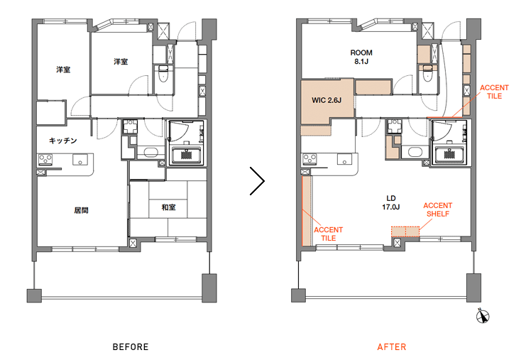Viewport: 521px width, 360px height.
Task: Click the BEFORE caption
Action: [x=131, y=347]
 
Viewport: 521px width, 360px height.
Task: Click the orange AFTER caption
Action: [x=391, y=347]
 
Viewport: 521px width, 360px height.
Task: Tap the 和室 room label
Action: [x=168, y=207]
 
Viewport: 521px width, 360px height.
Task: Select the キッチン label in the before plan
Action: [x=62, y=141]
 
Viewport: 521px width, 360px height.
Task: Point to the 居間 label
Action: [x=81, y=210]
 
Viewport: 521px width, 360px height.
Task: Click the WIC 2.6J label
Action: [x=327, y=100]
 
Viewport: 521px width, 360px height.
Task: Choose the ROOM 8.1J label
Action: [x=361, y=57]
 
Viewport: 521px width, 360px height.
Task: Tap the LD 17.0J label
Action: [x=390, y=202]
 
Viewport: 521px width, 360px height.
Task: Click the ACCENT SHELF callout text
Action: [x=438, y=209]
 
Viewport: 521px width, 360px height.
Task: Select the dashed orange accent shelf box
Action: [x=405, y=231]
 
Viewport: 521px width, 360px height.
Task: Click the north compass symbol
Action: [x=483, y=315]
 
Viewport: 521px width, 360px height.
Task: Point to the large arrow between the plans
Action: [x=257, y=181]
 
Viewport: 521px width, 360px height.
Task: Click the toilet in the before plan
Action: [x=163, y=74]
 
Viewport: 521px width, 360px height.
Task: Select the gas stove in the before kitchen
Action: [x=45, y=159]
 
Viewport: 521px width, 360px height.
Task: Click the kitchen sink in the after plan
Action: [x=344, y=159]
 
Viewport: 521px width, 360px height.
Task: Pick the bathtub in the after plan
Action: [x=449, y=156]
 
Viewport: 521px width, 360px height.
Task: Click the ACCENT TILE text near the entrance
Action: [x=494, y=92]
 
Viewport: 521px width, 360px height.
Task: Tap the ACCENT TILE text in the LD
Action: [x=328, y=234]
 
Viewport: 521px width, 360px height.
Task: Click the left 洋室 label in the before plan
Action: [x=63, y=70]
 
